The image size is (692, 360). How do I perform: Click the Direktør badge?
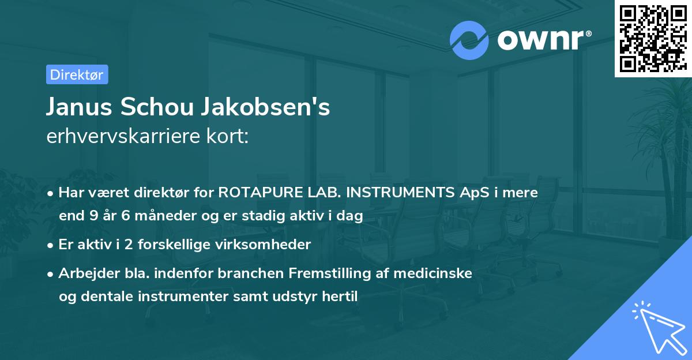click(x=77, y=74)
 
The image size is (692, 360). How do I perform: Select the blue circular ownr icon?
click(x=469, y=40)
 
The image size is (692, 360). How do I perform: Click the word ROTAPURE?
click(x=258, y=193)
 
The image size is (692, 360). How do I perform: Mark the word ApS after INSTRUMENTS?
click(x=472, y=193)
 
